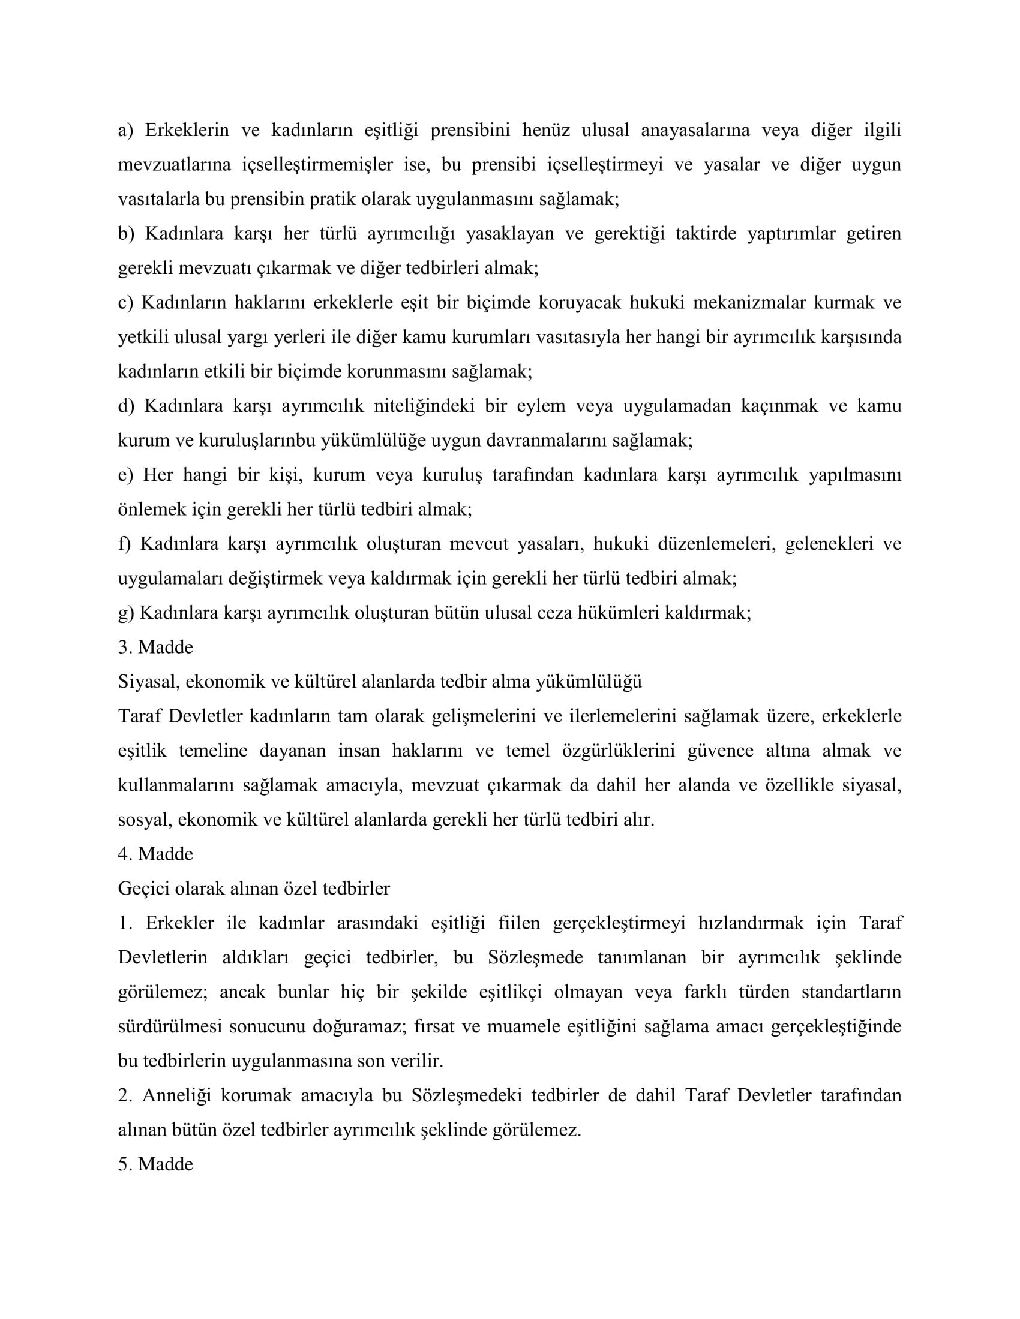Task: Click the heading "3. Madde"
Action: (x=155, y=648)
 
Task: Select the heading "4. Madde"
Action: (x=155, y=854)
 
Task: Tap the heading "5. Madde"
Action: (x=155, y=1164)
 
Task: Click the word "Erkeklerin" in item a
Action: (x=187, y=131)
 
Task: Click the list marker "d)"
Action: (x=125, y=406)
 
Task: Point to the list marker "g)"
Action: (x=125, y=613)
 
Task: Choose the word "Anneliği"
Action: (x=176, y=1095)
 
